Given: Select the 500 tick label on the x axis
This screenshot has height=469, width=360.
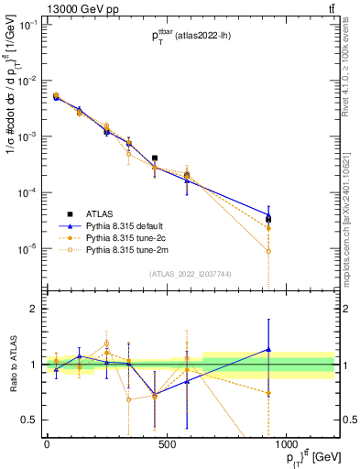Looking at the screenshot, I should [x=167, y=446].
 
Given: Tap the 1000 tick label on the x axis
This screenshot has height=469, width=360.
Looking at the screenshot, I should [x=287, y=446].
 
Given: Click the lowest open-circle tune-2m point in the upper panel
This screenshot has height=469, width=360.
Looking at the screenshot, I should [x=268, y=251].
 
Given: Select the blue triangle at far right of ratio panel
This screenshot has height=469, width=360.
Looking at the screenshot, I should [x=268, y=349].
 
